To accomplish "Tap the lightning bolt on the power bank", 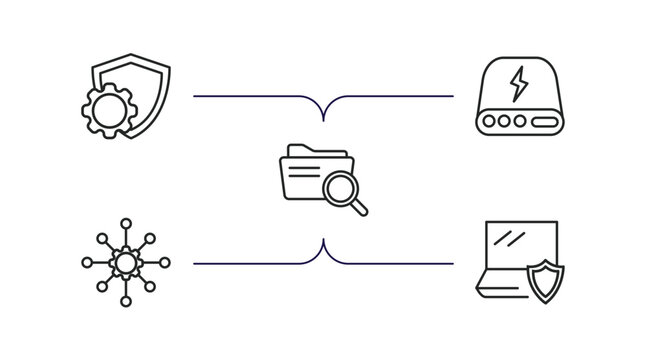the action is pyautogui.click(x=517, y=84).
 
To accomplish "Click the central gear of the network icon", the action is pyautogui.click(x=126, y=263).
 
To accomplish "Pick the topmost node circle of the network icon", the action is pyautogui.click(x=126, y=223).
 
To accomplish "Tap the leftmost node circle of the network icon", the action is pyautogui.click(x=86, y=263).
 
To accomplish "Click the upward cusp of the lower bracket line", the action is pyautogui.click(x=323, y=241).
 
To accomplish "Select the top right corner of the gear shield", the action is pyautogui.click(x=168, y=69).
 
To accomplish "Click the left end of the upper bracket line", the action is pyautogui.click(x=195, y=96).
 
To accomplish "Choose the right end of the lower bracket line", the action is pyautogui.click(x=454, y=263).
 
